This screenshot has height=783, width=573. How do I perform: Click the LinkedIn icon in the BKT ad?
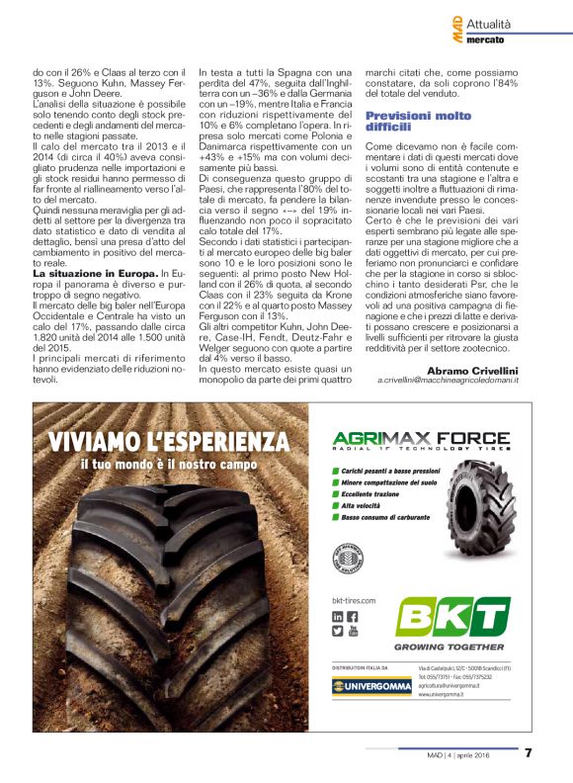coord(338,617)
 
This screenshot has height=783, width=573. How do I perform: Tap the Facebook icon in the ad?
coord(353,617)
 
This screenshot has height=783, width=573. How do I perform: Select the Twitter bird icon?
coord(338,631)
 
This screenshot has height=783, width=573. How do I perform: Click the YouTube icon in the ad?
coord(353,631)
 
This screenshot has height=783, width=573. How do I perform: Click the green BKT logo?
coord(452,617)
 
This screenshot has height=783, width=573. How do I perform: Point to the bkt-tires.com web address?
coord(354,600)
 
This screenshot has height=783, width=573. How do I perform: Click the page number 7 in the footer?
coord(528,752)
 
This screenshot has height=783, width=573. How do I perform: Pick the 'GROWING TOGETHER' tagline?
coord(451,647)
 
